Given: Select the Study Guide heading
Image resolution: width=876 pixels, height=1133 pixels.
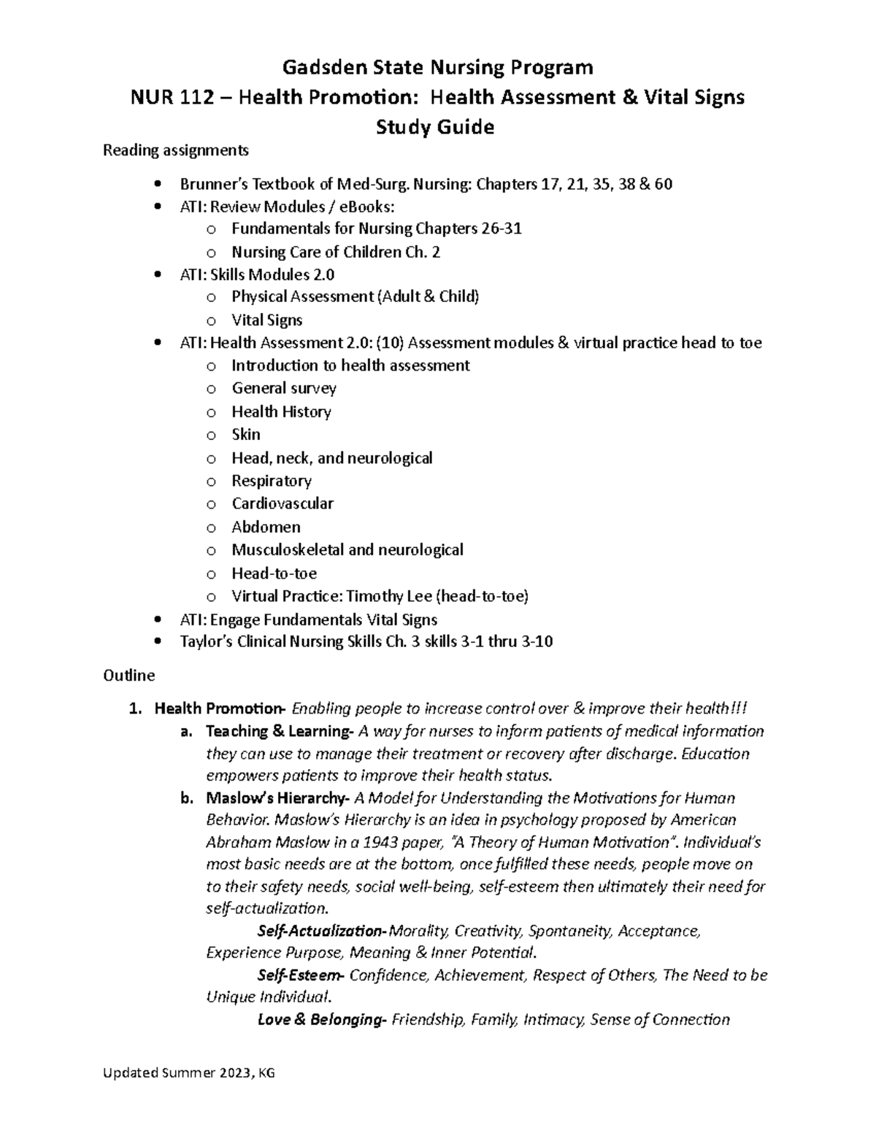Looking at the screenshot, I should (x=435, y=127).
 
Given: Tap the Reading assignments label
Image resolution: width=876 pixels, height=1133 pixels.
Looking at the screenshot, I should (x=175, y=150).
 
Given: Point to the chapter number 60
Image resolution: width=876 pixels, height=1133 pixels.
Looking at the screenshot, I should (x=663, y=184).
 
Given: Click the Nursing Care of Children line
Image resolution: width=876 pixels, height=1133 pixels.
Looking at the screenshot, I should (x=336, y=252).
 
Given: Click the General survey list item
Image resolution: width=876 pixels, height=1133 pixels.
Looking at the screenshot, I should (x=284, y=388).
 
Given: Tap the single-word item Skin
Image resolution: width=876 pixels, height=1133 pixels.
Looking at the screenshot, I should (x=246, y=434).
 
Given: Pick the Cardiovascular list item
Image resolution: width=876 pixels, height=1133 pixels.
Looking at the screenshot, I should (x=283, y=503).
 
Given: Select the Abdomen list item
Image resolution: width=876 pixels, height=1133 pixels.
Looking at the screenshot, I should (x=266, y=527).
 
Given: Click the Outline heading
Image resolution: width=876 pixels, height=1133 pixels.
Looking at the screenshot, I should (x=129, y=676).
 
